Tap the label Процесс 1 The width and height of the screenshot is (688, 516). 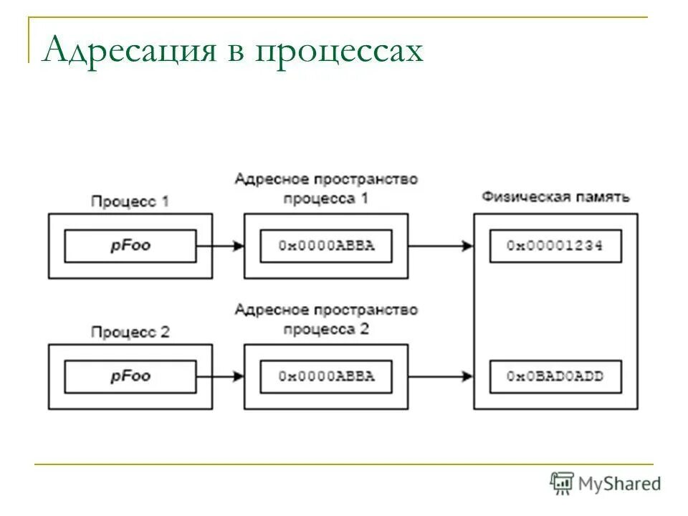click(130, 201)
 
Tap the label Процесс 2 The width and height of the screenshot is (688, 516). click(130, 332)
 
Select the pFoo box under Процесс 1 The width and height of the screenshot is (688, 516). click(130, 246)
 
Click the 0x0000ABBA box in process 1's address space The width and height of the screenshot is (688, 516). click(326, 246)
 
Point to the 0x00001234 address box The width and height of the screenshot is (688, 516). click(555, 246)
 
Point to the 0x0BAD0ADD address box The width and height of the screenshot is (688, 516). click(555, 376)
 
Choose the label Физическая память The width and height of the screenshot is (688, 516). click(555, 196)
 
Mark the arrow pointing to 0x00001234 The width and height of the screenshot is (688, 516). click(440, 246)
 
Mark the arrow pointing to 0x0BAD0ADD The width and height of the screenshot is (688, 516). click(440, 376)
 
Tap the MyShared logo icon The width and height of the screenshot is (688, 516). click(563, 483)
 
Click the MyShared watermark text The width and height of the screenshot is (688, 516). click(621, 484)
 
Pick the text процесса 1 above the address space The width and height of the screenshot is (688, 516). click(326, 199)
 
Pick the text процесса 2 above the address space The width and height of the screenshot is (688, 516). click(326, 329)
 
